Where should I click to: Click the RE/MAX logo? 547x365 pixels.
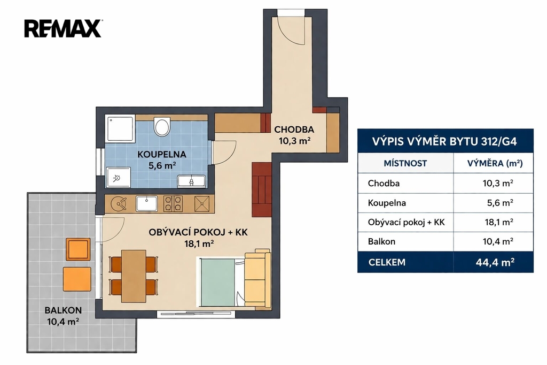63,28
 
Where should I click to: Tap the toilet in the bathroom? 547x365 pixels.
162,126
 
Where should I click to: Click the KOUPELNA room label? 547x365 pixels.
161,154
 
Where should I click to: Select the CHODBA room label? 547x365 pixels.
294,130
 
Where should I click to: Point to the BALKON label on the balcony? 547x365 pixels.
63,310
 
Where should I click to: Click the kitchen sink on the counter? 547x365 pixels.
146,203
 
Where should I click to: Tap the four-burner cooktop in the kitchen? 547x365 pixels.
173,204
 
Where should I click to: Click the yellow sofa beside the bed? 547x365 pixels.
257,279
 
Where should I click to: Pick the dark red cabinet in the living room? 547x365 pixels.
262,189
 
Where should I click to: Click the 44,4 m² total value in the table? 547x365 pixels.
495,262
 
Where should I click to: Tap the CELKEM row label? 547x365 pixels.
387,262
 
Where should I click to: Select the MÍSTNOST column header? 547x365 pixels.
405,163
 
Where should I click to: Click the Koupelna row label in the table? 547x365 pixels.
387,203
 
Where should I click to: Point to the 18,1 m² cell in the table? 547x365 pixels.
499,222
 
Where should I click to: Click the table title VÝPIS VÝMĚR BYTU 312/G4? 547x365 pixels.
444,142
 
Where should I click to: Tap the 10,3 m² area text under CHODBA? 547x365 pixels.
294,141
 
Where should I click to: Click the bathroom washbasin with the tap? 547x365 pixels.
191,181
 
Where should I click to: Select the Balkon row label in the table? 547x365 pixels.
381,241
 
